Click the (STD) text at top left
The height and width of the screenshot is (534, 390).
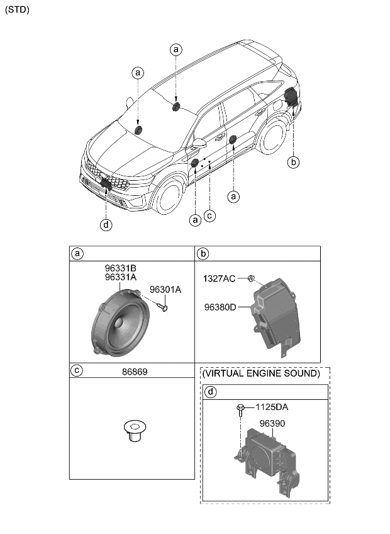coord(17,9)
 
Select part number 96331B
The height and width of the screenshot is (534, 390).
coord(121,268)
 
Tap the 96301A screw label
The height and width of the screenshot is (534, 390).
coord(165,290)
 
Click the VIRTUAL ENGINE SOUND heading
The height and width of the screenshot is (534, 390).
coord(261,373)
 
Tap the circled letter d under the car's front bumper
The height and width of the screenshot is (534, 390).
coord(107,225)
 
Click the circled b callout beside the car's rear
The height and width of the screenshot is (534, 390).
coord(293,162)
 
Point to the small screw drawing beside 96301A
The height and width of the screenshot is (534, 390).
coord(163,307)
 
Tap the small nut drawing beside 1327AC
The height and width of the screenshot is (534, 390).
coord(250,278)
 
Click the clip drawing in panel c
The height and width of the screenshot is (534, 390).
coord(131,431)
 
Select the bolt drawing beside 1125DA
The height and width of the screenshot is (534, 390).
coord(242,411)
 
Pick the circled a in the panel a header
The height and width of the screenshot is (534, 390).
coord(78,254)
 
